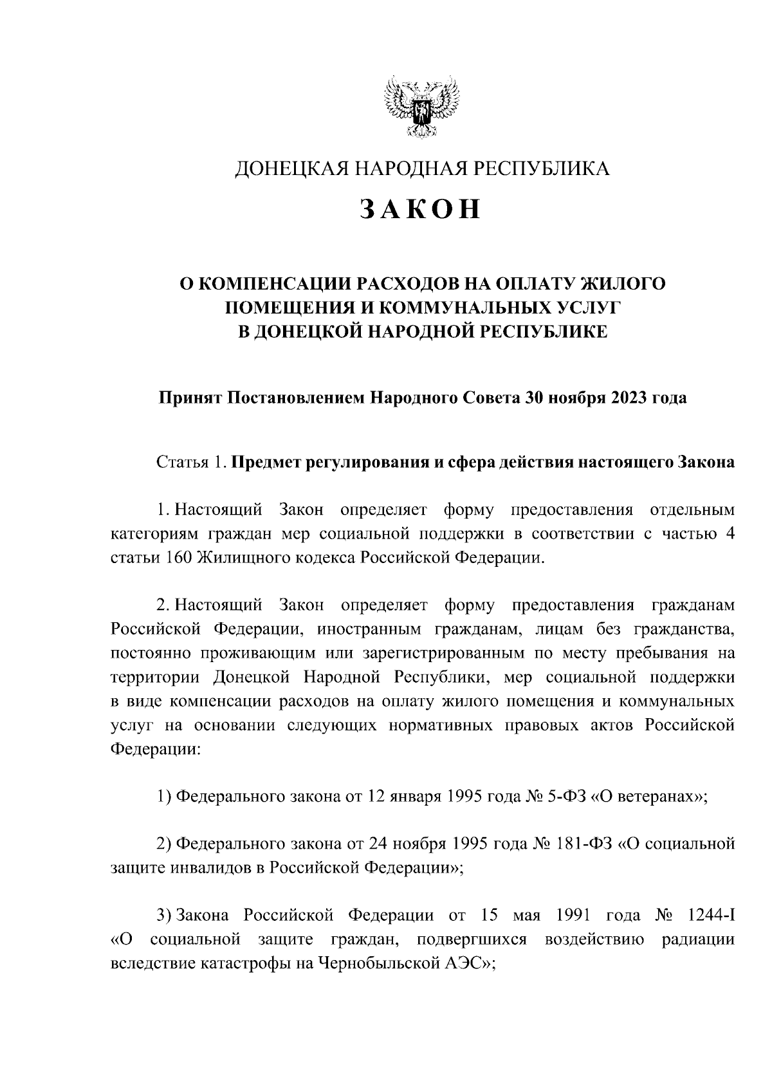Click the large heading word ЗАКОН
tap(420, 208)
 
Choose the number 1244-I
tap(711, 916)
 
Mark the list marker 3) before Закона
tap(165, 916)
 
